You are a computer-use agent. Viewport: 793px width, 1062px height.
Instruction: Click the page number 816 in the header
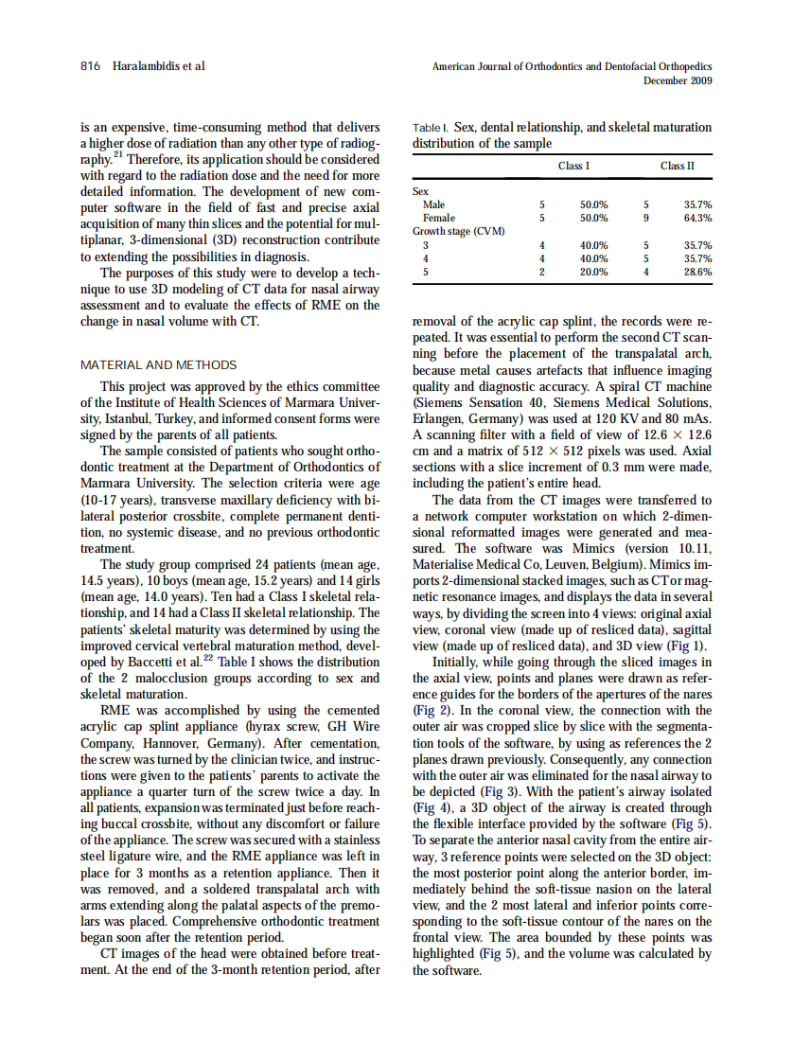point(90,66)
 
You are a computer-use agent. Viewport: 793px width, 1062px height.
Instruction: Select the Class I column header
point(573,167)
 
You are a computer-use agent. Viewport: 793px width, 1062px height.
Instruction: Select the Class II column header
point(677,167)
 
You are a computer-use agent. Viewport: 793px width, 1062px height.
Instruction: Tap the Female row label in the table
point(438,218)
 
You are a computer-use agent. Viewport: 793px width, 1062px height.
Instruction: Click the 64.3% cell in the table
point(697,218)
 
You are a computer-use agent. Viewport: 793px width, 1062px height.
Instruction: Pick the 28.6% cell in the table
point(697,271)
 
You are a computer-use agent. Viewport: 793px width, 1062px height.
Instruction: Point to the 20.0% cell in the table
point(593,271)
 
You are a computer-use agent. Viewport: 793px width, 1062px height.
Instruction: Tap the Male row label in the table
point(434,204)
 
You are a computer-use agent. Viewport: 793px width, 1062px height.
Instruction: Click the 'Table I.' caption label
point(431,127)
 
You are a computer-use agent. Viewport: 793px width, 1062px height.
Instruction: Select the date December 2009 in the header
point(678,80)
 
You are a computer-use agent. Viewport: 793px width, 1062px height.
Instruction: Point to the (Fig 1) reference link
point(688,647)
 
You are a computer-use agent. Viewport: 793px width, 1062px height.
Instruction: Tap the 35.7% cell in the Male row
point(697,204)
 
